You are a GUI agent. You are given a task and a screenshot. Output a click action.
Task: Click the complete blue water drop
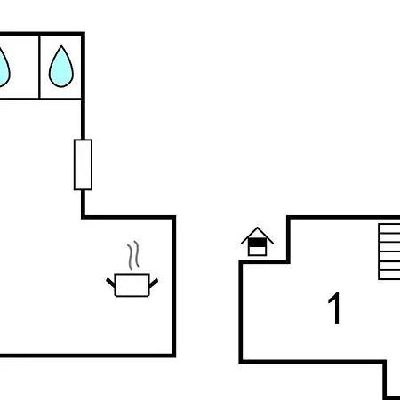coord(61,68)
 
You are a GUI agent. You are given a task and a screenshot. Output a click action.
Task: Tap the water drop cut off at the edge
coord(4,68)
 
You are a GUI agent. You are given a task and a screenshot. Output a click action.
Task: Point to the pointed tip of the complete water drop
coord(61,45)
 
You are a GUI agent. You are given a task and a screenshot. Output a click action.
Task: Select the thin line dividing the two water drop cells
coord(39,67)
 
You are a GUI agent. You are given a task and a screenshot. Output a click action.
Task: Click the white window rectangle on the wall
coord(83,164)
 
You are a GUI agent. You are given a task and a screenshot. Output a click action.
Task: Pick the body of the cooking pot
coord(132,285)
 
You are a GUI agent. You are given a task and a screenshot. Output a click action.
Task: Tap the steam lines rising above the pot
coord(133,255)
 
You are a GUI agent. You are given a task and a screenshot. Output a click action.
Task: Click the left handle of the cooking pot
coord(110,283)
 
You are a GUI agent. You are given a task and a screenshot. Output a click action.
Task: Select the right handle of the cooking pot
coord(154,283)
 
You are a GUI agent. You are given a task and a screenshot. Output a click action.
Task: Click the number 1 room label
coord(335,308)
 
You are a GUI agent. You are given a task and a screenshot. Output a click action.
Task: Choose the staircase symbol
coord(389,252)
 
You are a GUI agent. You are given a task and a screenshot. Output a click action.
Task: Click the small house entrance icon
coord(257,242)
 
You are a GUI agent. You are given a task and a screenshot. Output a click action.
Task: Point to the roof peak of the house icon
coord(257,228)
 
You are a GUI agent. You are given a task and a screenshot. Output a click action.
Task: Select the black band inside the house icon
coord(257,243)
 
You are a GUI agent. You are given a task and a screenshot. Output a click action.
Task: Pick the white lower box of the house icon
coord(257,251)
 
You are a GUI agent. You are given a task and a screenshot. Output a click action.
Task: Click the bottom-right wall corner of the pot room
coord(174,356)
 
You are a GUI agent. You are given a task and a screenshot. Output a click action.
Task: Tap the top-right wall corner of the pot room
coord(174,217)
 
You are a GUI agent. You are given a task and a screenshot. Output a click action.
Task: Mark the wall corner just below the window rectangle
coord(83,217)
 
